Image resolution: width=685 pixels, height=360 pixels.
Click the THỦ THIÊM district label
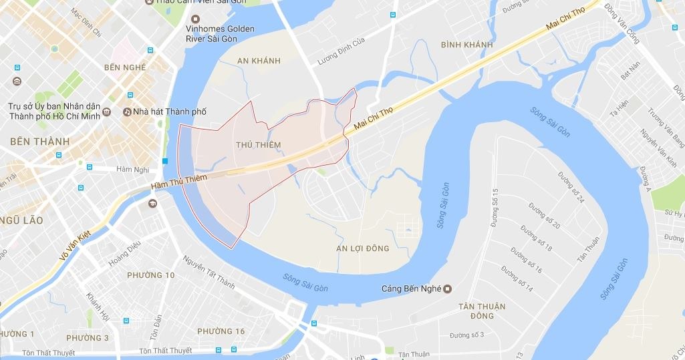258,144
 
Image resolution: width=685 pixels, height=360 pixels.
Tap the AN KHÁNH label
258,61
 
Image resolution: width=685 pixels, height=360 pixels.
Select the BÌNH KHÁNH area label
467,45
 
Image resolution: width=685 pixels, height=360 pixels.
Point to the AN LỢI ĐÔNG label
364,248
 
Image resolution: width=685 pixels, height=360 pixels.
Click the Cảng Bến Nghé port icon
448,289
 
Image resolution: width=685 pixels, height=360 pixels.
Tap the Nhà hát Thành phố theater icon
127,112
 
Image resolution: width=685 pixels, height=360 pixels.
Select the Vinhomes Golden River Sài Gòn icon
195,19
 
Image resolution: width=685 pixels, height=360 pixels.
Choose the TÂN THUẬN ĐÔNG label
481,311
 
